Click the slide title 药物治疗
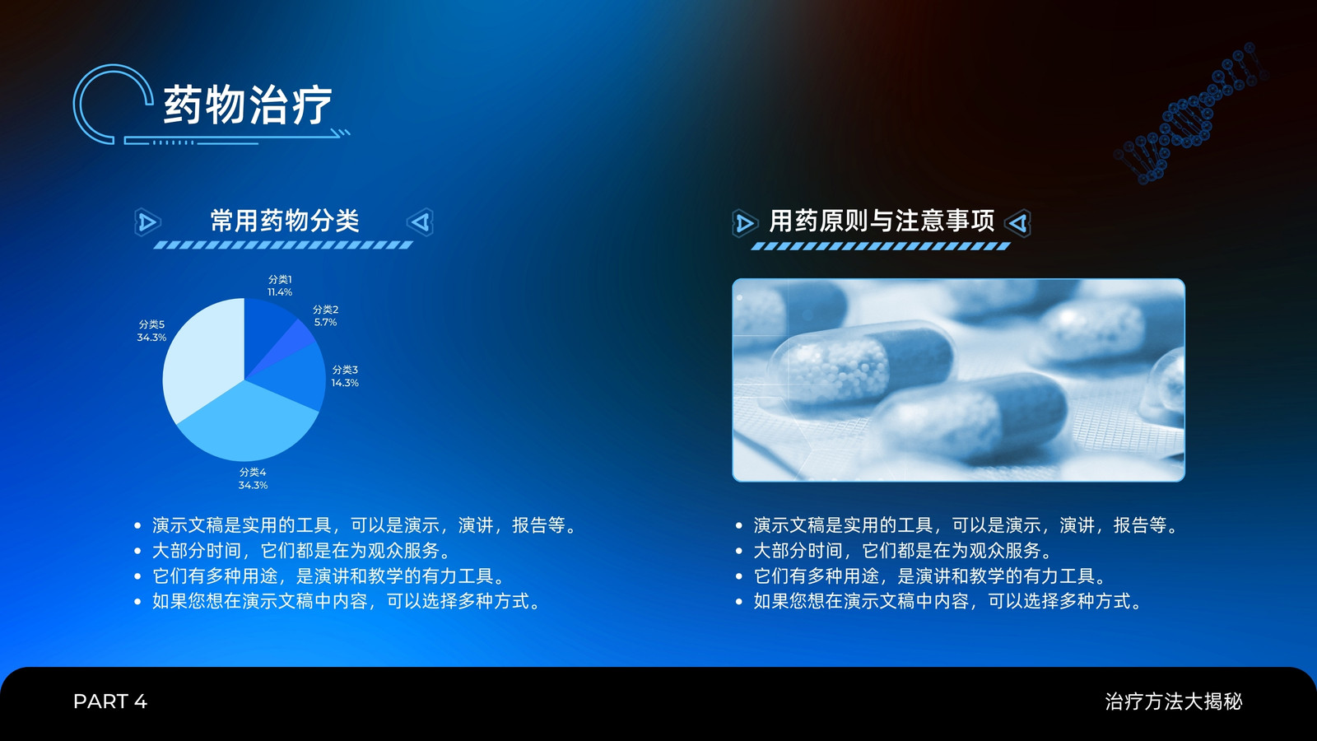[248, 105]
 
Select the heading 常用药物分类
[285, 221]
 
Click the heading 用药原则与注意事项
[882, 221]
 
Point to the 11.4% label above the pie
[280, 292]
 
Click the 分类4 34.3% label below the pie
[253, 478]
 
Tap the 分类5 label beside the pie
[151, 324]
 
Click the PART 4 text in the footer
[110, 701]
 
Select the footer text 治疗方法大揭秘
[1174, 701]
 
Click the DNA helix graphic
[1190, 113]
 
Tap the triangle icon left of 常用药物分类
[147, 222]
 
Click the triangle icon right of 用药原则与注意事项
[1018, 223]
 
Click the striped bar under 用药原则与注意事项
[881, 246]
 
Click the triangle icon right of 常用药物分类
[421, 222]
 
